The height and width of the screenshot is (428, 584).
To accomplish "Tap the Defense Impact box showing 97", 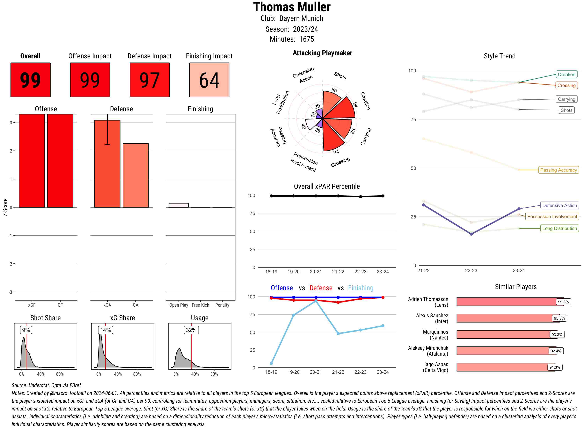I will pos(150,80).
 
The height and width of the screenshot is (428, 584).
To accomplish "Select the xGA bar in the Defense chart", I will pos(107,163).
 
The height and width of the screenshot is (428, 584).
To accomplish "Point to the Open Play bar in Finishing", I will pos(179,205).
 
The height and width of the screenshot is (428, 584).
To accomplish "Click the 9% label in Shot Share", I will pos(26,330).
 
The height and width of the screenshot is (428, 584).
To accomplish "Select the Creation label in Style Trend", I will pos(566,74).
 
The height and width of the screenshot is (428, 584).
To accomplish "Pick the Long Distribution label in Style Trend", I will pos(559,228).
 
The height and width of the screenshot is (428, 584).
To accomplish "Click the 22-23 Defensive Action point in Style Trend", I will pos(471,234).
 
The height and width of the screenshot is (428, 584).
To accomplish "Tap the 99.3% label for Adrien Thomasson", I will pos(563,302).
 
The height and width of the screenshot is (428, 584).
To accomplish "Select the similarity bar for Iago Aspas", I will pos(506,367).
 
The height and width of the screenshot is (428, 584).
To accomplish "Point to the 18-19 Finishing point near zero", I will pos(271,363).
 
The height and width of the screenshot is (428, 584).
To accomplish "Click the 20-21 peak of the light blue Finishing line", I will pos(316,301).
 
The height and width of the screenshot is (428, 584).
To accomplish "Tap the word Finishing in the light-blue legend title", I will pos(361,288).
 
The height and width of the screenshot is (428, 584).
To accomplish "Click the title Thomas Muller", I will pos(292,7).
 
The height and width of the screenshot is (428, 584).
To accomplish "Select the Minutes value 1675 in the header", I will pos(306,39).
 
